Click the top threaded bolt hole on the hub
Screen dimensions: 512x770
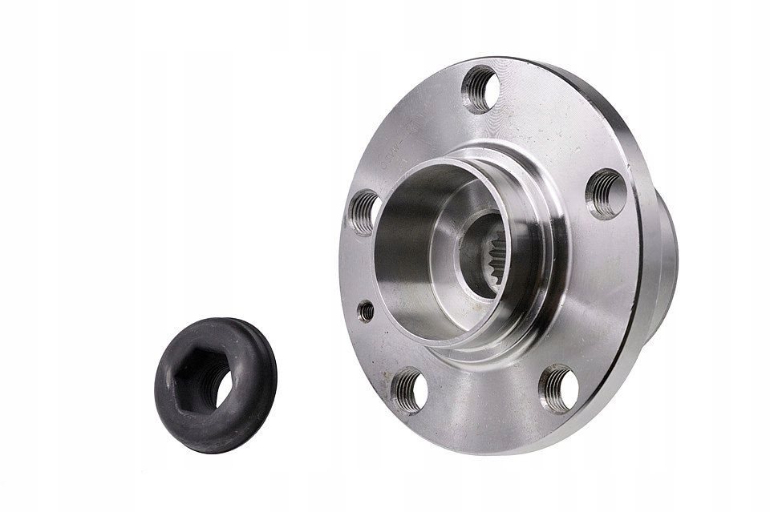pyautogui.click(x=480, y=88)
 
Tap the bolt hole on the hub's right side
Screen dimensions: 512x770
pyautogui.click(x=606, y=194)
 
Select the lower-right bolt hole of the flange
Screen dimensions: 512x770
pyautogui.click(x=558, y=388)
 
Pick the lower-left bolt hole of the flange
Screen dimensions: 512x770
pyautogui.click(x=409, y=390)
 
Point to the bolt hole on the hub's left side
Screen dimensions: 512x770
pyautogui.click(x=364, y=212)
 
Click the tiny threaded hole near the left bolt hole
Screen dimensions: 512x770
pyautogui.click(x=366, y=311)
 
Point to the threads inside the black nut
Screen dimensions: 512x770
pyautogui.click(x=218, y=385)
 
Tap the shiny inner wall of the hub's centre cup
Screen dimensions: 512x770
pyautogui.click(x=401, y=240)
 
